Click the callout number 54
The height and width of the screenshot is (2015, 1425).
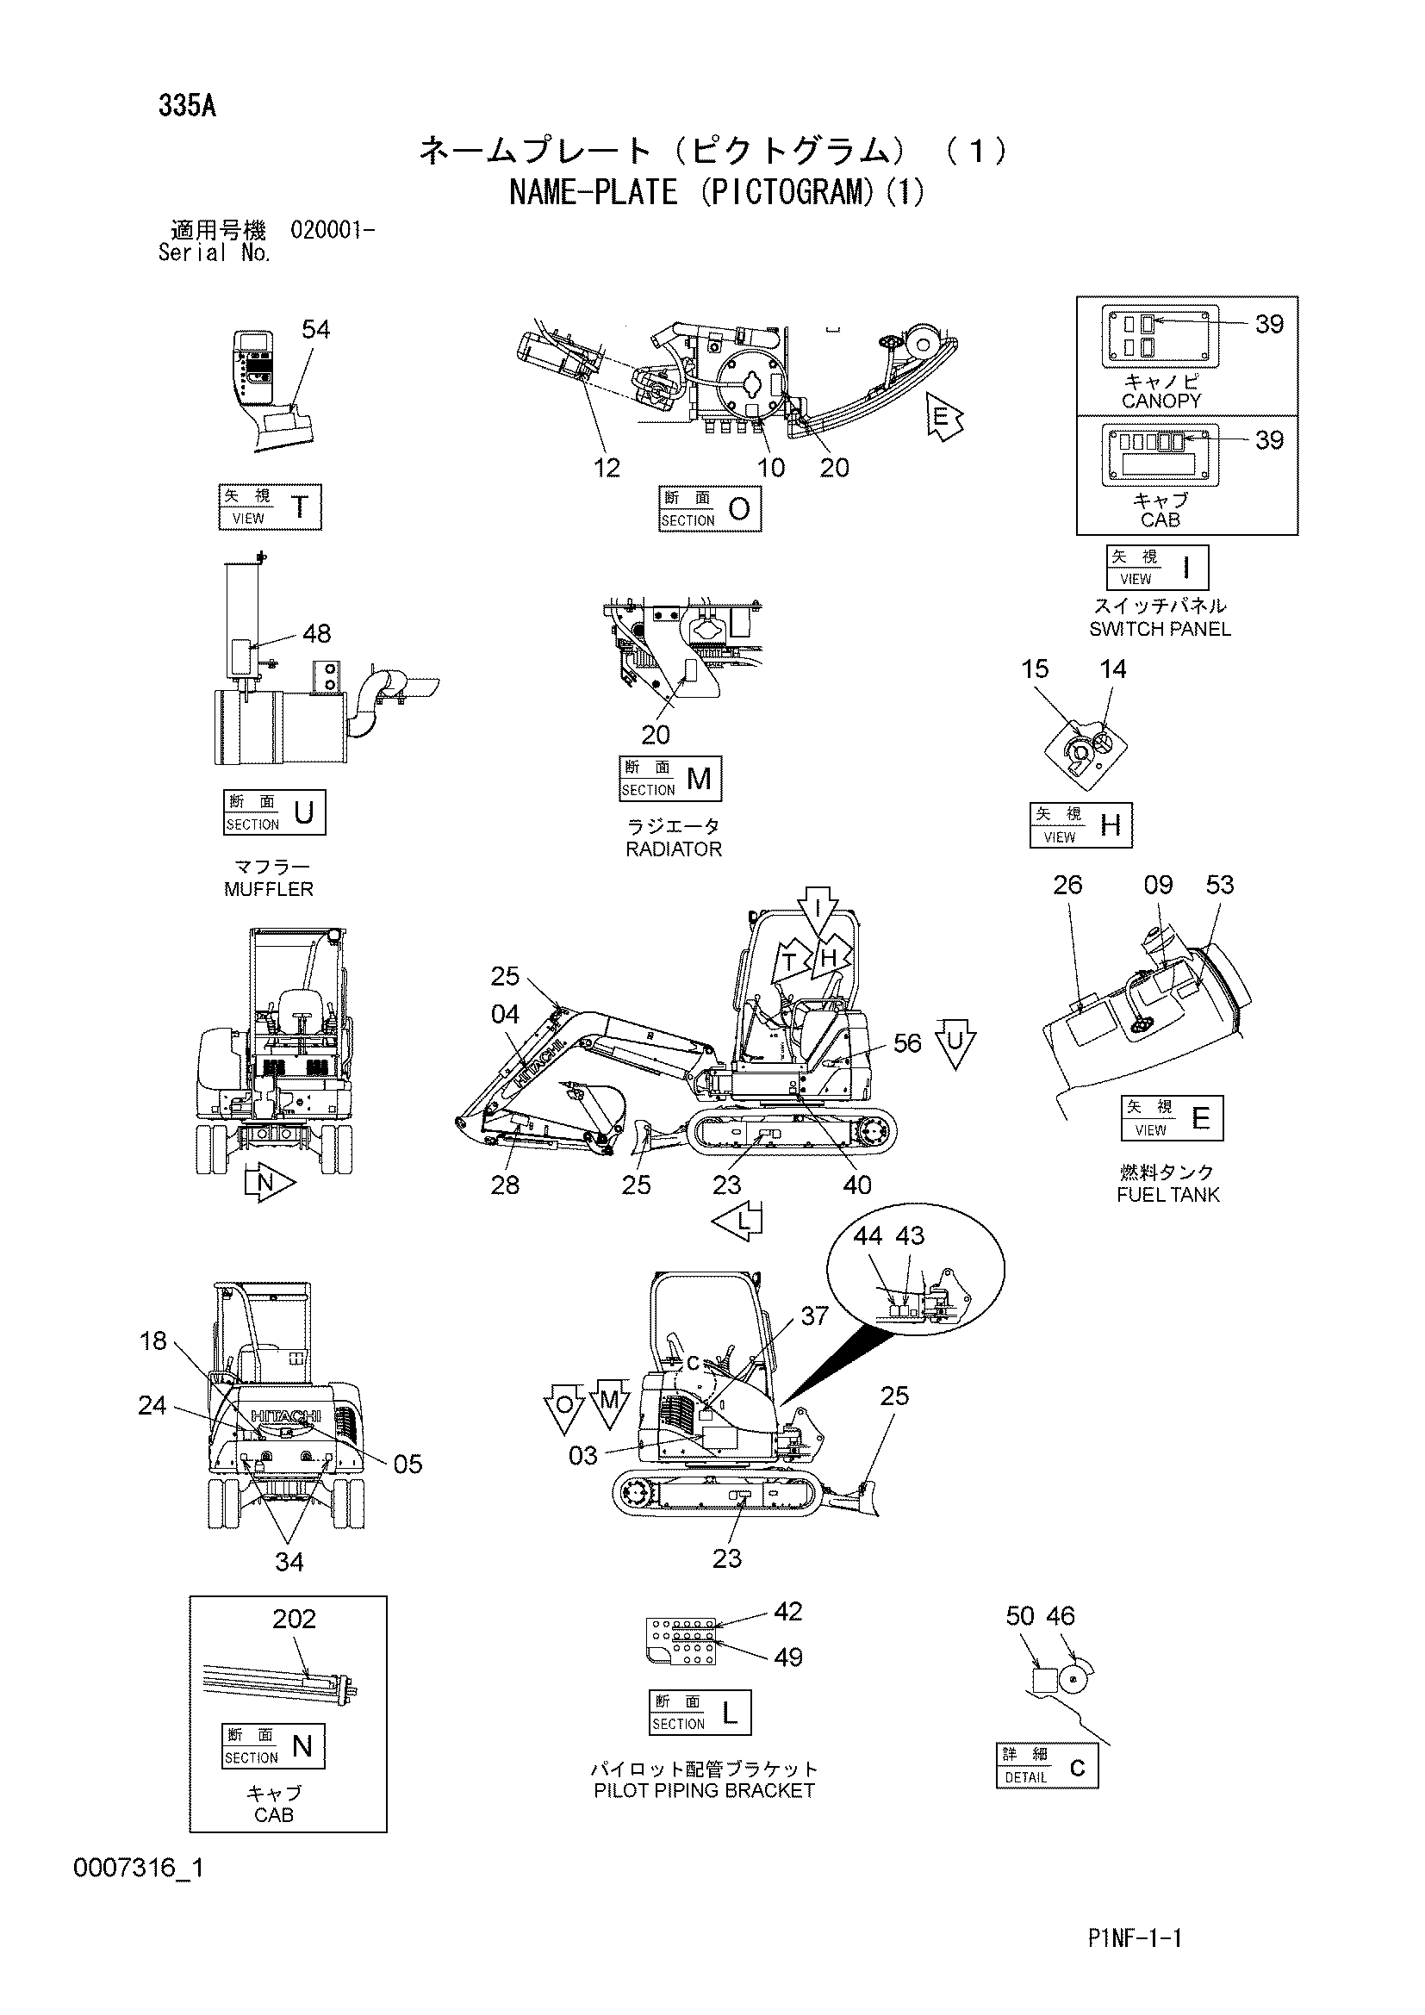[x=316, y=329]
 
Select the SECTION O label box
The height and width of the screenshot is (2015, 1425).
[x=710, y=509]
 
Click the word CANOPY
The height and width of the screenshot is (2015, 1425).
[x=1161, y=401]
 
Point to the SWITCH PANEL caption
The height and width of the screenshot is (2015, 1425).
[x=1160, y=628]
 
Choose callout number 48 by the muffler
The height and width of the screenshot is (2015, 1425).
[x=316, y=633]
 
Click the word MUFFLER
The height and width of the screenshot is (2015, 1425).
[x=269, y=889]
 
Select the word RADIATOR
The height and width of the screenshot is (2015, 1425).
[x=674, y=849]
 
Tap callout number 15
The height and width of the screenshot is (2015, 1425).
[x=1035, y=669]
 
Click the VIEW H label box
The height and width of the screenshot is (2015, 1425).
[x=1081, y=825]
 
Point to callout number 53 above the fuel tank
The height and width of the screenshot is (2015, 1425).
[x=1220, y=885]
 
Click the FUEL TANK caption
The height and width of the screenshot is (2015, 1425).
[x=1168, y=1194]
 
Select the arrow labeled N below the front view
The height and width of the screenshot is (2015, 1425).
[x=270, y=1183]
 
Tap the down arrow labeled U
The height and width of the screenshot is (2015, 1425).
[x=955, y=1044]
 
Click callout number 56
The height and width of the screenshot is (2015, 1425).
[x=907, y=1042]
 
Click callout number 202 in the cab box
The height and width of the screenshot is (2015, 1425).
[x=294, y=1619]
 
